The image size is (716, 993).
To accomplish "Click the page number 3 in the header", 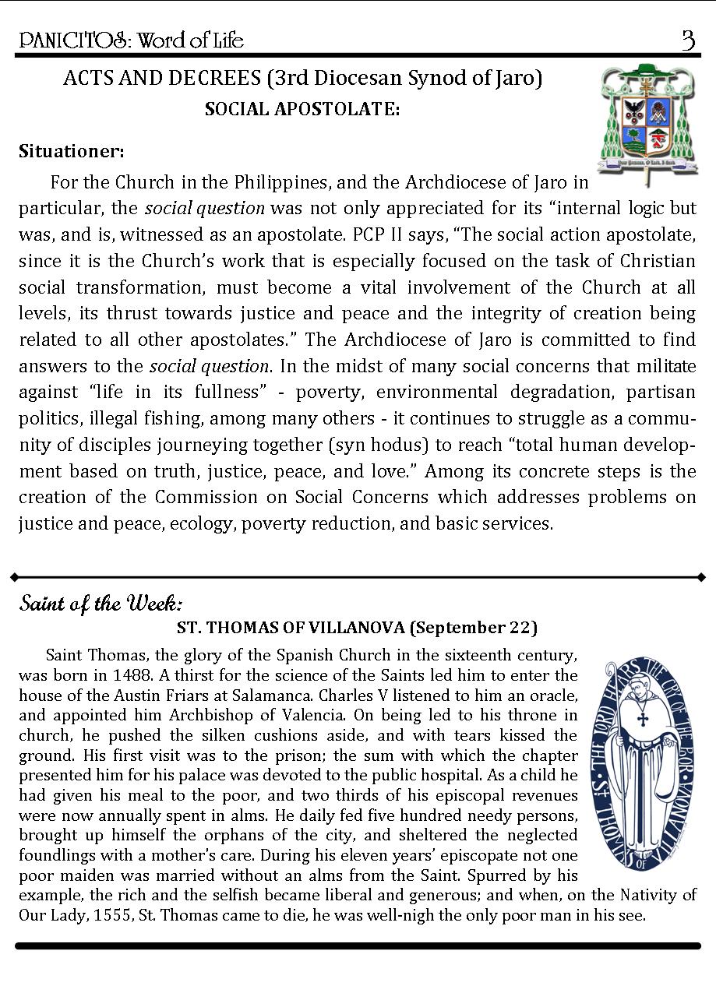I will point(688,40).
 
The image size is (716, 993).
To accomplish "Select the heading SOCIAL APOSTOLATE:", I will point(302,110).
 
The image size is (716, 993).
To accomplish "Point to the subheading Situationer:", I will point(72,150).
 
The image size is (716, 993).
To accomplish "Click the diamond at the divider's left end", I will point(14,577).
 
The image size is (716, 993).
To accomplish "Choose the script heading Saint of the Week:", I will point(101,604).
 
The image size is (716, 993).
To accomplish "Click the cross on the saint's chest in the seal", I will point(643,718).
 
